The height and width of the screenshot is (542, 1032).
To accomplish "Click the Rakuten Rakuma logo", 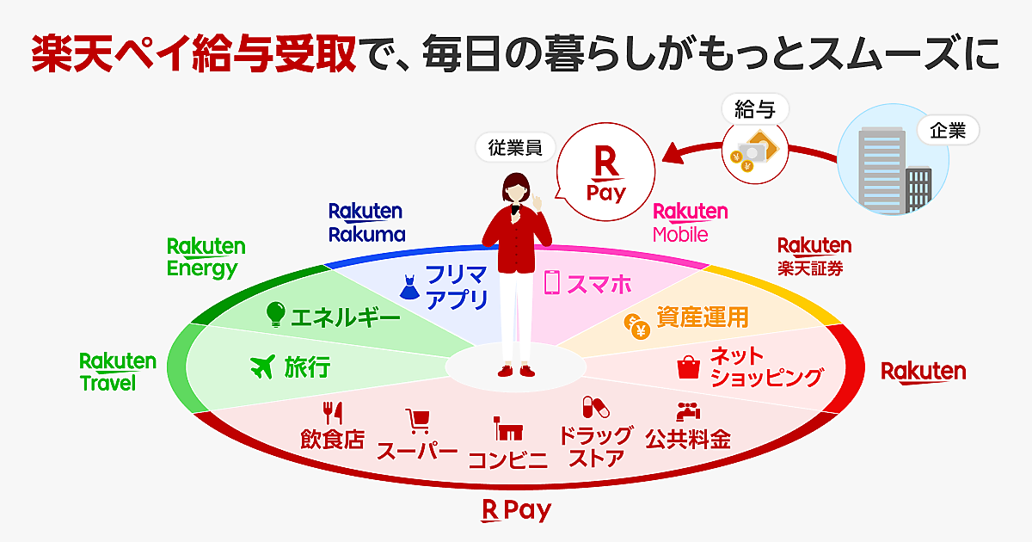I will (x=365, y=222).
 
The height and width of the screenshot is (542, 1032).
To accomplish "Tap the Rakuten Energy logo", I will (x=206, y=257).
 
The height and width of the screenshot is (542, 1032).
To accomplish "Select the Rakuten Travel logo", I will (x=118, y=372).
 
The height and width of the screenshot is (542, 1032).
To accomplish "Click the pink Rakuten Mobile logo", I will (x=690, y=222).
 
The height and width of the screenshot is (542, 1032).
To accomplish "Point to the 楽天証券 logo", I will (x=814, y=256).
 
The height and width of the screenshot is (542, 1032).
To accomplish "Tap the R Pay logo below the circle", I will (x=516, y=511).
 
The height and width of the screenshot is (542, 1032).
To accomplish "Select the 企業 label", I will (x=948, y=131).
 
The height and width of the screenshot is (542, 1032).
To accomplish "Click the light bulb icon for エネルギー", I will (x=275, y=314).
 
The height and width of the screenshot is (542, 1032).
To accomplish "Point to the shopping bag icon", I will (x=690, y=367).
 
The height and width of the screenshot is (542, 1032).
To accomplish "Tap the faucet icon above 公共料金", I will (x=686, y=411).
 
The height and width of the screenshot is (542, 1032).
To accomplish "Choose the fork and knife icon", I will (x=332, y=412).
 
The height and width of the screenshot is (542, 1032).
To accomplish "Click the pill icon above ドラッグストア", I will (x=595, y=407).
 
